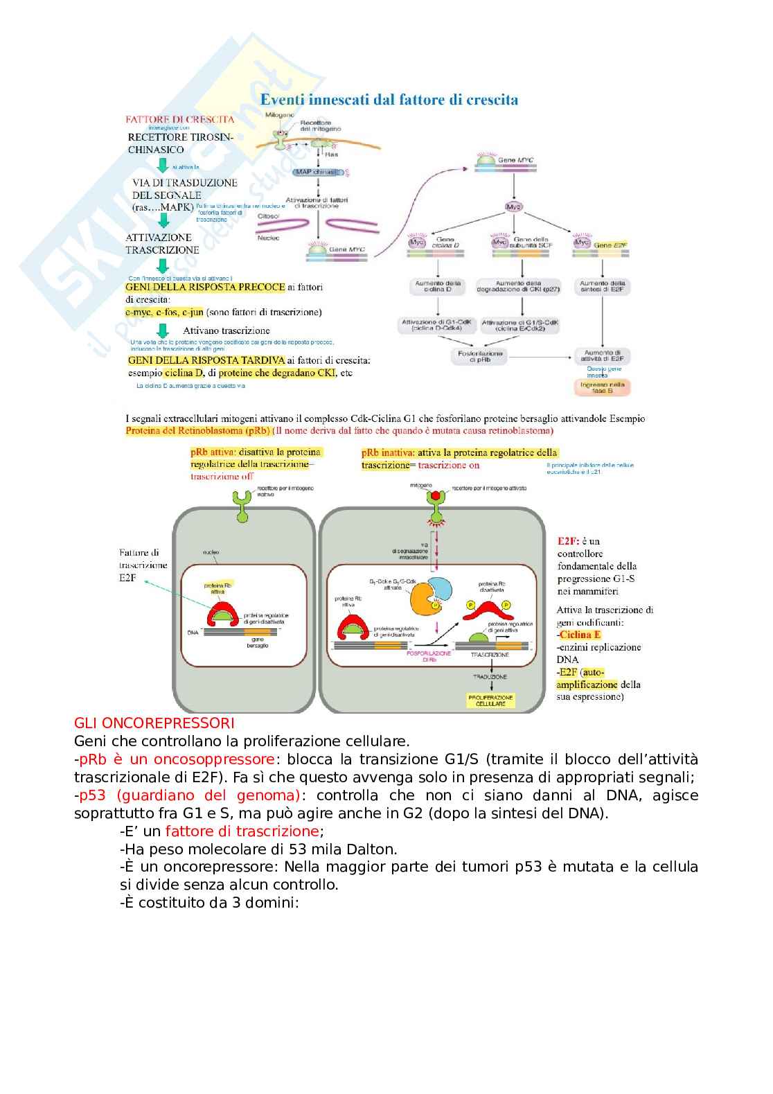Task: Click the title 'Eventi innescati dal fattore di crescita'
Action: click(389, 100)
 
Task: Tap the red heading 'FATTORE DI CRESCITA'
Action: click(180, 119)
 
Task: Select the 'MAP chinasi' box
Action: click(317, 172)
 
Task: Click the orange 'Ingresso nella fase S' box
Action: click(602, 387)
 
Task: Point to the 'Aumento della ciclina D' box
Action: click(438, 286)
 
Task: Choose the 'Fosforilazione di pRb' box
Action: click(479, 356)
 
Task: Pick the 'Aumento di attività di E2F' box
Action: click(603, 355)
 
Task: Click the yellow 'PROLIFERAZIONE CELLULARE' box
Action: click(490, 700)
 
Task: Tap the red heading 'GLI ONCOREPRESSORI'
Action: click(154, 723)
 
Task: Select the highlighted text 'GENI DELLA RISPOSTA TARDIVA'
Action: click(206, 360)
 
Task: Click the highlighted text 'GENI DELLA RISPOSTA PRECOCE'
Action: click(205, 287)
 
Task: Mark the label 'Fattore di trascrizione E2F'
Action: click(143, 565)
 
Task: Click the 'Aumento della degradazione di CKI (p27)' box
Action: click(519, 286)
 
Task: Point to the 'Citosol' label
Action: click(269, 216)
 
